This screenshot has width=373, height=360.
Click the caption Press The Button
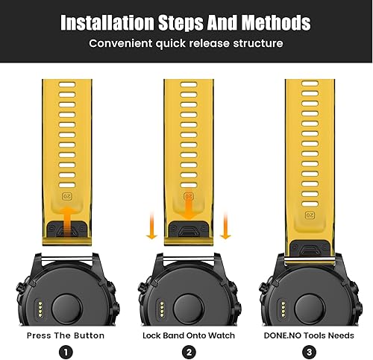coord(65,335)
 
